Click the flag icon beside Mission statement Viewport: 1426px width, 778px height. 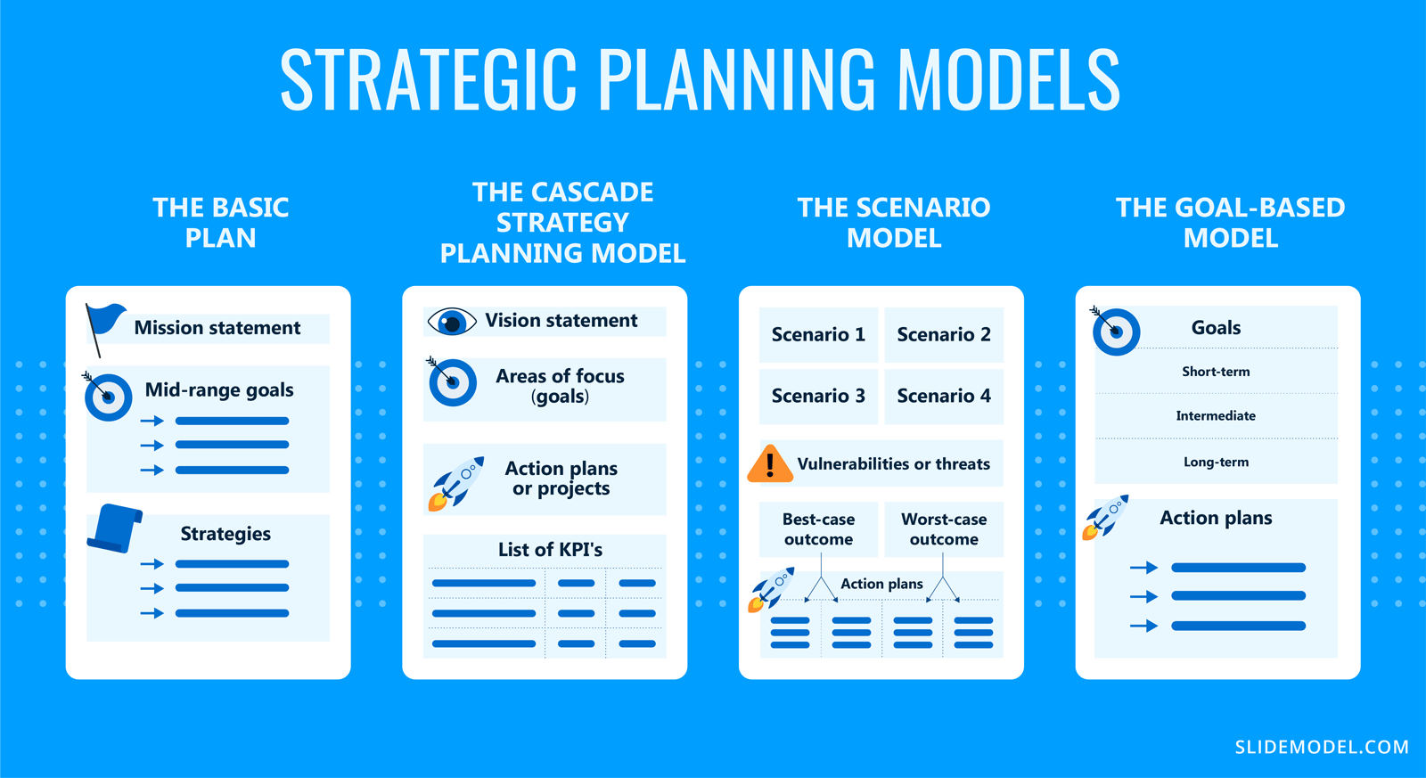click(x=103, y=325)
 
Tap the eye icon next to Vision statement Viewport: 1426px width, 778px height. click(x=452, y=322)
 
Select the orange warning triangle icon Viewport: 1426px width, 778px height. click(x=769, y=464)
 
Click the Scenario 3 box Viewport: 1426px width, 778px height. click(x=818, y=396)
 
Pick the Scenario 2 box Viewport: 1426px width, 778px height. click(x=944, y=335)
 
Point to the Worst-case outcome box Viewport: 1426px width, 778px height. click(x=944, y=529)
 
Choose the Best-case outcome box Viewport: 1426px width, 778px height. click(x=818, y=529)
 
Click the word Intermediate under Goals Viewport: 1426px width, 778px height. click(x=1216, y=416)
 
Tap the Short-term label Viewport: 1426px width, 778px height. click(x=1216, y=372)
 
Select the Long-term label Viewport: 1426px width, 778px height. click(x=1216, y=463)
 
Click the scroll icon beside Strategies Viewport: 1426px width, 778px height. click(x=115, y=528)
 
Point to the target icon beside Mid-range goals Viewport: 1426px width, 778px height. click(x=108, y=397)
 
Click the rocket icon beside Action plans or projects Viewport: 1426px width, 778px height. click(x=456, y=483)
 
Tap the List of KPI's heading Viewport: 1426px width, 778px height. click(x=550, y=550)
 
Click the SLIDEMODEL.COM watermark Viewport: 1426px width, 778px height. click(x=1322, y=748)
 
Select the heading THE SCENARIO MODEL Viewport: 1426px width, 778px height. click(x=894, y=223)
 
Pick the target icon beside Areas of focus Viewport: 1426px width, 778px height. click(x=452, y=382)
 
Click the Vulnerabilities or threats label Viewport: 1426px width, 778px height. click(x=893, y=464)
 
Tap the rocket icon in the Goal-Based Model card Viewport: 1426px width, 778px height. click(x=1105, y=517)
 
